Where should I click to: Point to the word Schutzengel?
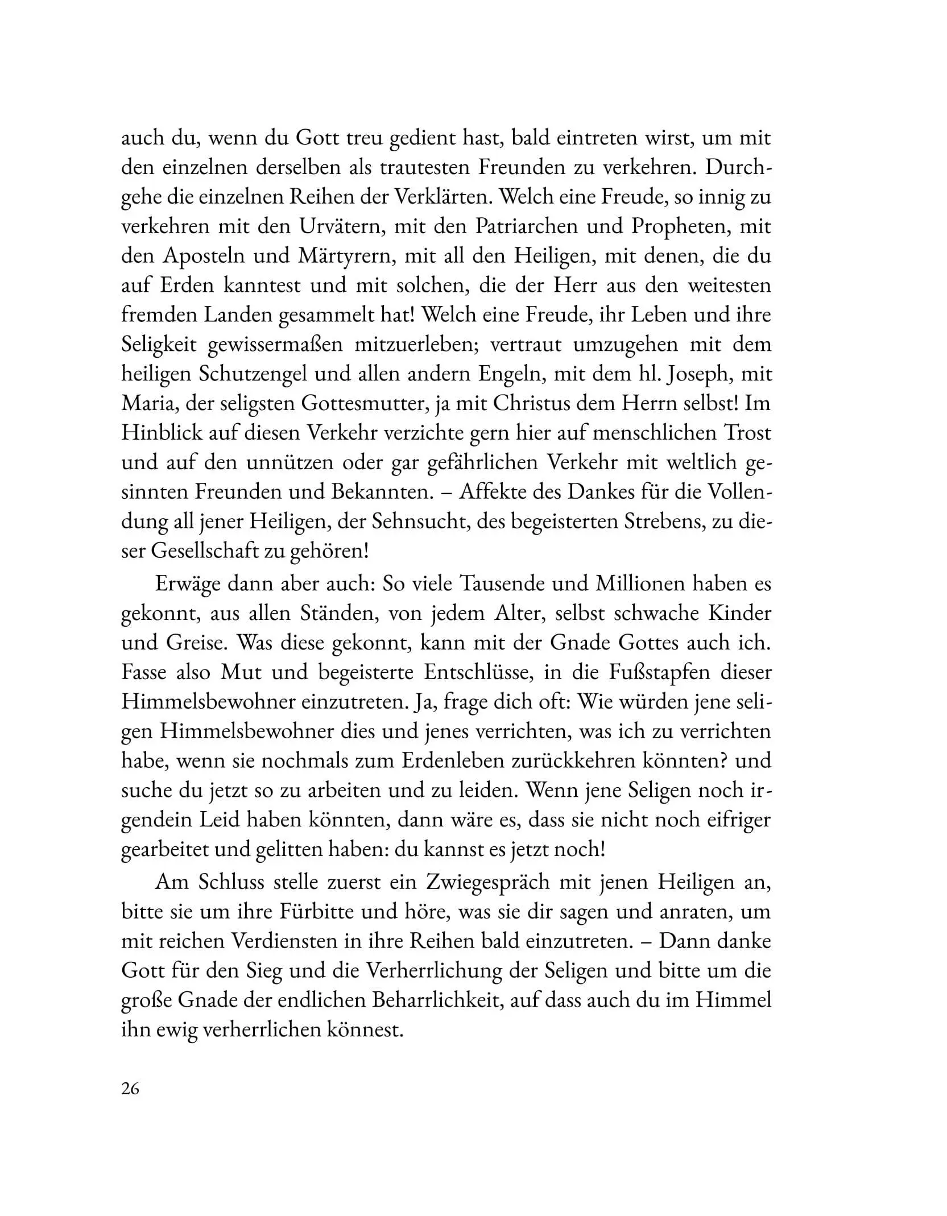pyautogui.click(x=262, y=374)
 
